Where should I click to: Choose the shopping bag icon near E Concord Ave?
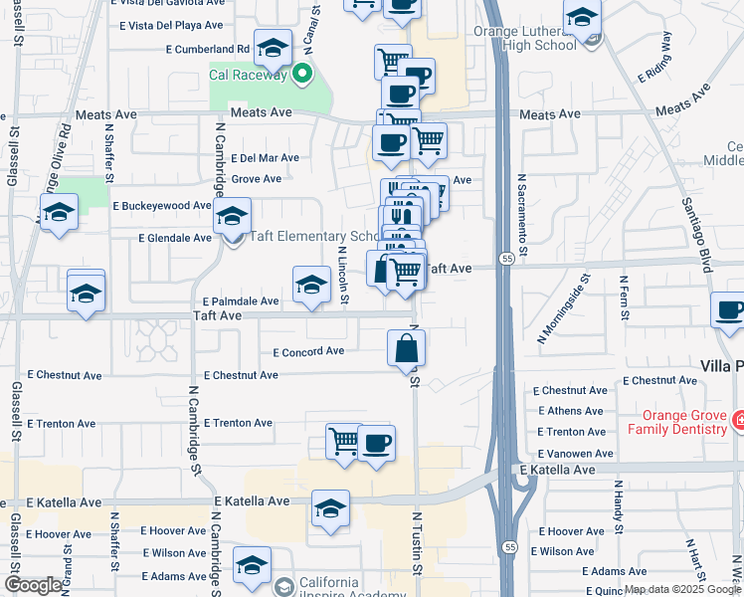coord(406,348)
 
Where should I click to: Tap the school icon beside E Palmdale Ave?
coord(311,286)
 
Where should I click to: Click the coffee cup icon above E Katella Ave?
coord(375,444)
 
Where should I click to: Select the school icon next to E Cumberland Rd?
coord(272,48)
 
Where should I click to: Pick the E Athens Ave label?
coord(571,411)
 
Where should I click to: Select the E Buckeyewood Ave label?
coord(162,206)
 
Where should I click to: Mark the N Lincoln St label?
coord(342,277)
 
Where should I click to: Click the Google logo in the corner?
coord(33,584)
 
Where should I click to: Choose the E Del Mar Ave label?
coord(265,158)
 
